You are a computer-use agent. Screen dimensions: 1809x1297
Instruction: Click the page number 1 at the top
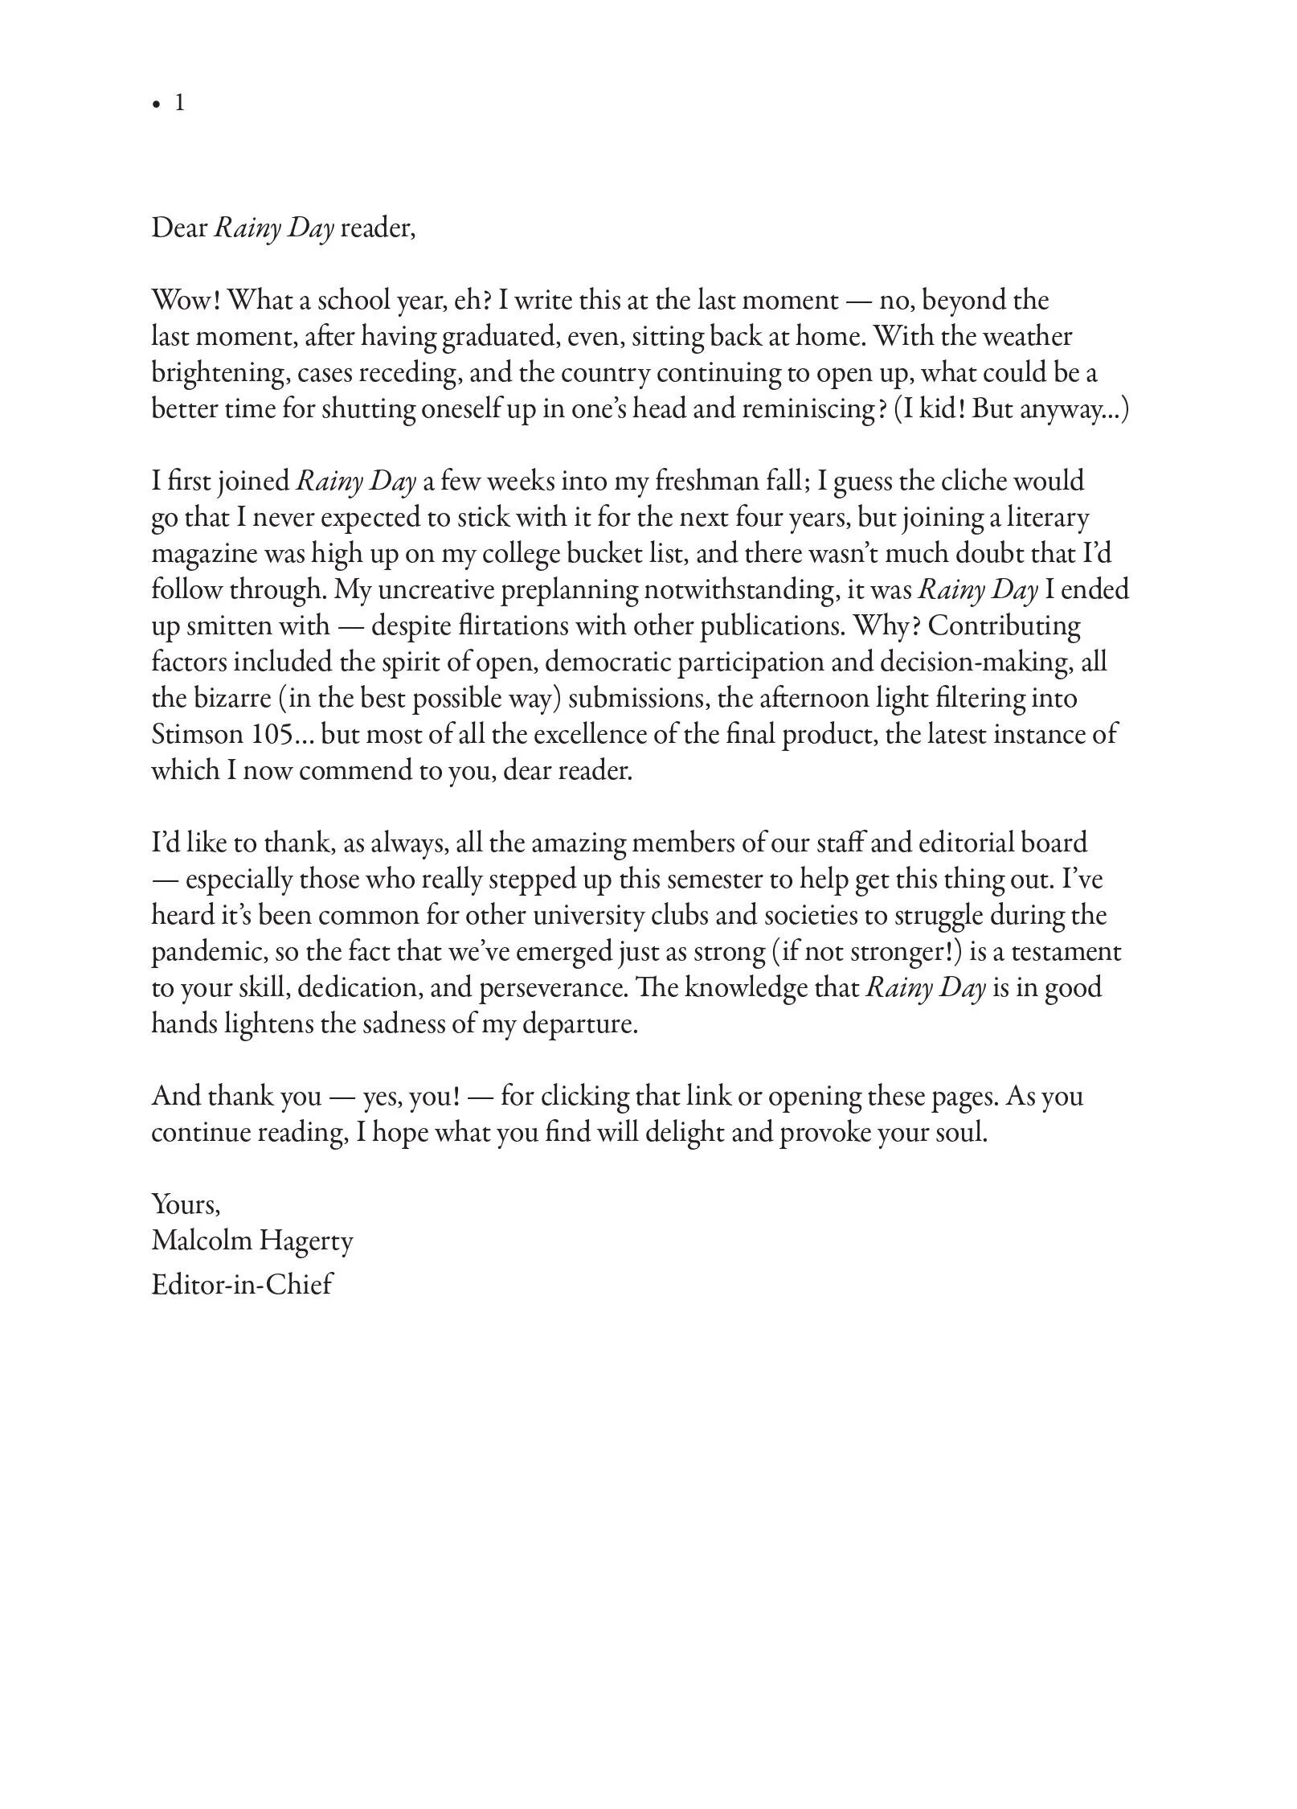click(x=179, y=103)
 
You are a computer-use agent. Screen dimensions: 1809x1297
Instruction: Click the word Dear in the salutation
click(x=180, y=228)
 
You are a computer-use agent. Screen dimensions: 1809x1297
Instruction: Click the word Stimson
click(x=198, y=735)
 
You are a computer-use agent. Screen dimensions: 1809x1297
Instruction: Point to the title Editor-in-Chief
click(x=242, y=1285)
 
